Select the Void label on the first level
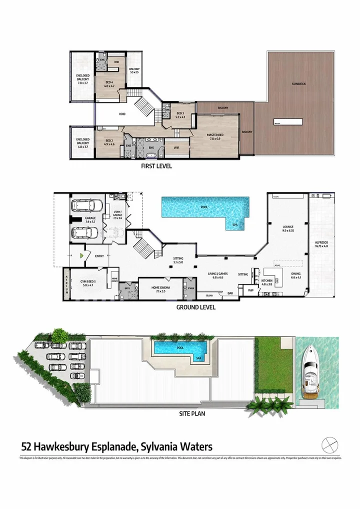click(122, 114)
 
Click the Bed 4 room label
click(109, 84)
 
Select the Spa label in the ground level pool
click(235, 225)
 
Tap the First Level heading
click(157, 166)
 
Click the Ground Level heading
click(195, 307)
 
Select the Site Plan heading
click(192, 413)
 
